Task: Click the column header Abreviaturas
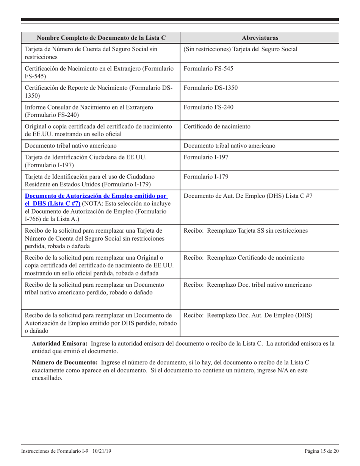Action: pos(259,38)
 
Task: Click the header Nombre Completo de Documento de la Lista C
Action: pos(101,38)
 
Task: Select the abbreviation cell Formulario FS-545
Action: pos(208,69)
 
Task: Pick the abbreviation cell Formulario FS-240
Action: pos(208,107)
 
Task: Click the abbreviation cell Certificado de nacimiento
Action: pos(217,127)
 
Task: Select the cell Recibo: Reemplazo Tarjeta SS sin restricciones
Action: pos(246,230)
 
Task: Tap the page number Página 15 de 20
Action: pos(321,451)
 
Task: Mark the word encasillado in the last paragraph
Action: pos(47,378)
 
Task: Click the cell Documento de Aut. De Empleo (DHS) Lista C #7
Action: pos(248,196)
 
